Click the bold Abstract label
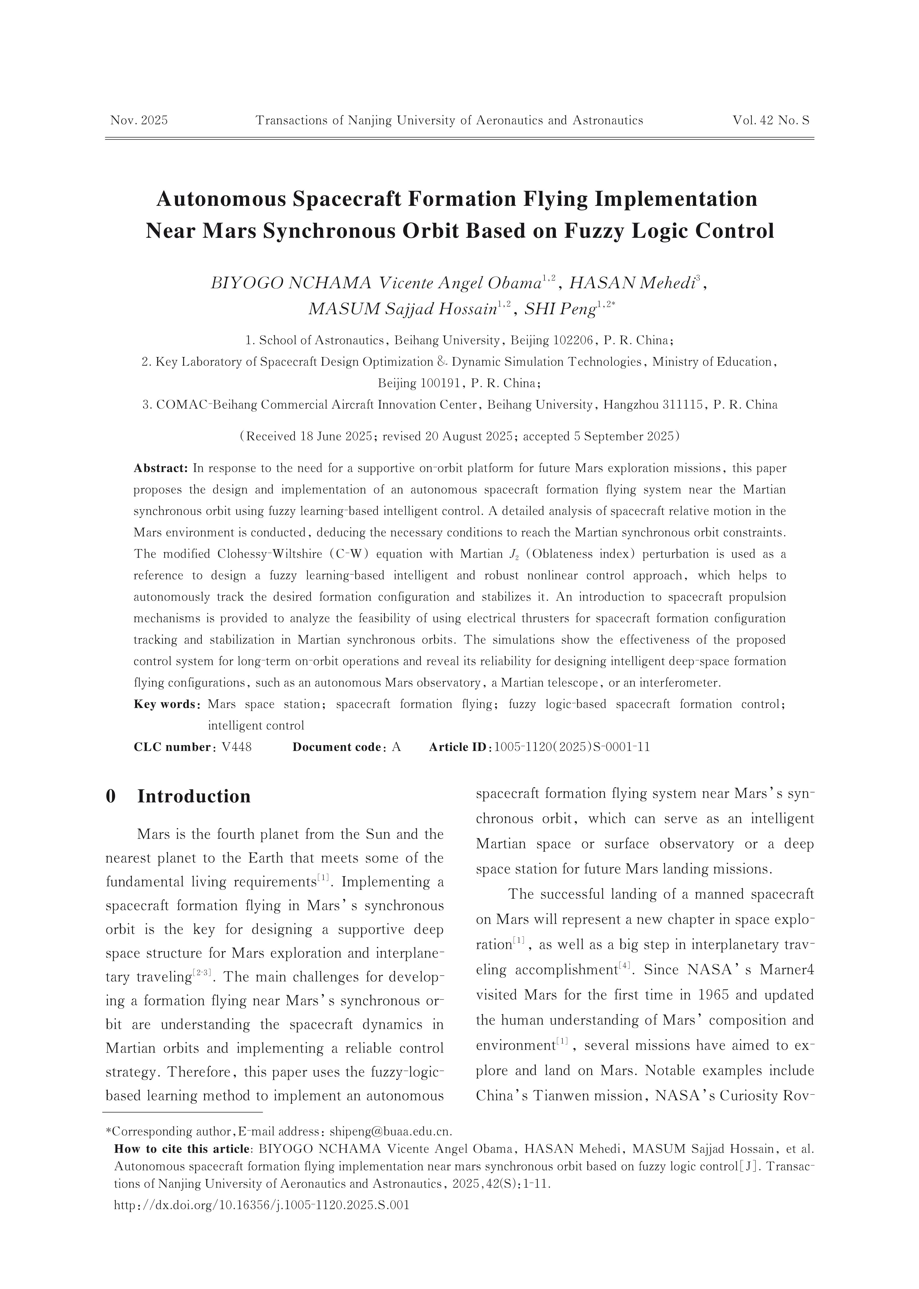tap(161, 468)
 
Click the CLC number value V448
tap(236, 747)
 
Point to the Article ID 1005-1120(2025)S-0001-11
tap(572, 747)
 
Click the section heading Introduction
tap(193, 796)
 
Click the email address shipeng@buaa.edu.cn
tap(390, 1132)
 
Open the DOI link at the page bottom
tap(262, 1205)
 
